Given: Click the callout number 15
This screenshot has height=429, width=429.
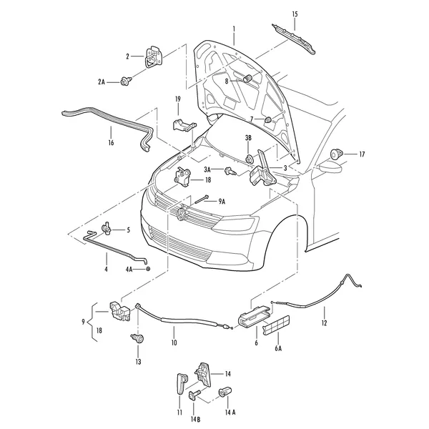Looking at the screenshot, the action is (x=295, y=14).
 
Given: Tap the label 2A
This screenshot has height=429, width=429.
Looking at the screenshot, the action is (x=102, y=82).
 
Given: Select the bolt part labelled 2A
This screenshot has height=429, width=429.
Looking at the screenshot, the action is (x=126, y=81).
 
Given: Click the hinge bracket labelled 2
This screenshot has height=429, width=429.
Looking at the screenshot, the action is (x=154, y=57).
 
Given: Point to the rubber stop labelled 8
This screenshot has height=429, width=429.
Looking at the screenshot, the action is (x=247, y=78).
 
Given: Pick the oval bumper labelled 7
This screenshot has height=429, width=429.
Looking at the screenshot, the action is (x=268, y=120).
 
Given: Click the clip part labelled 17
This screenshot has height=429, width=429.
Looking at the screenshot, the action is (x=336, y=154).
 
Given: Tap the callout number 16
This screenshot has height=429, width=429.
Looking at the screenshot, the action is (x=111, y=143).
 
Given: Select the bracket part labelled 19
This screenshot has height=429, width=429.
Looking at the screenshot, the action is (x=184, y=125).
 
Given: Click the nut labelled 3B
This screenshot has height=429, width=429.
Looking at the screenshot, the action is (x=250, y=159).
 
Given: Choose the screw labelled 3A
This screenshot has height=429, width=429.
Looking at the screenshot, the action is (x=230, y=172).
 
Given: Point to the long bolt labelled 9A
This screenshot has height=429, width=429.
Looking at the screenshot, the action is (x=202, y=199).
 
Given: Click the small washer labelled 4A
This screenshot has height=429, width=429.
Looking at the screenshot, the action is (x=148, y=270).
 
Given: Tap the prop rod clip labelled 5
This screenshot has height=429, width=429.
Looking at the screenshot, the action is (x=106, y=227).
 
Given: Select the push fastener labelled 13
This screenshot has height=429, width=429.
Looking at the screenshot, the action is (x=137, y=338).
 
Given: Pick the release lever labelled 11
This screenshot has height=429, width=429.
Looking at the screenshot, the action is (x=181, y=383).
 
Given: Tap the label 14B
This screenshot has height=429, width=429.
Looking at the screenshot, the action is (x=195, y=420).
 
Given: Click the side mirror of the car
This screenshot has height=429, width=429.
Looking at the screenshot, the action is (x=330, y=167).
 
